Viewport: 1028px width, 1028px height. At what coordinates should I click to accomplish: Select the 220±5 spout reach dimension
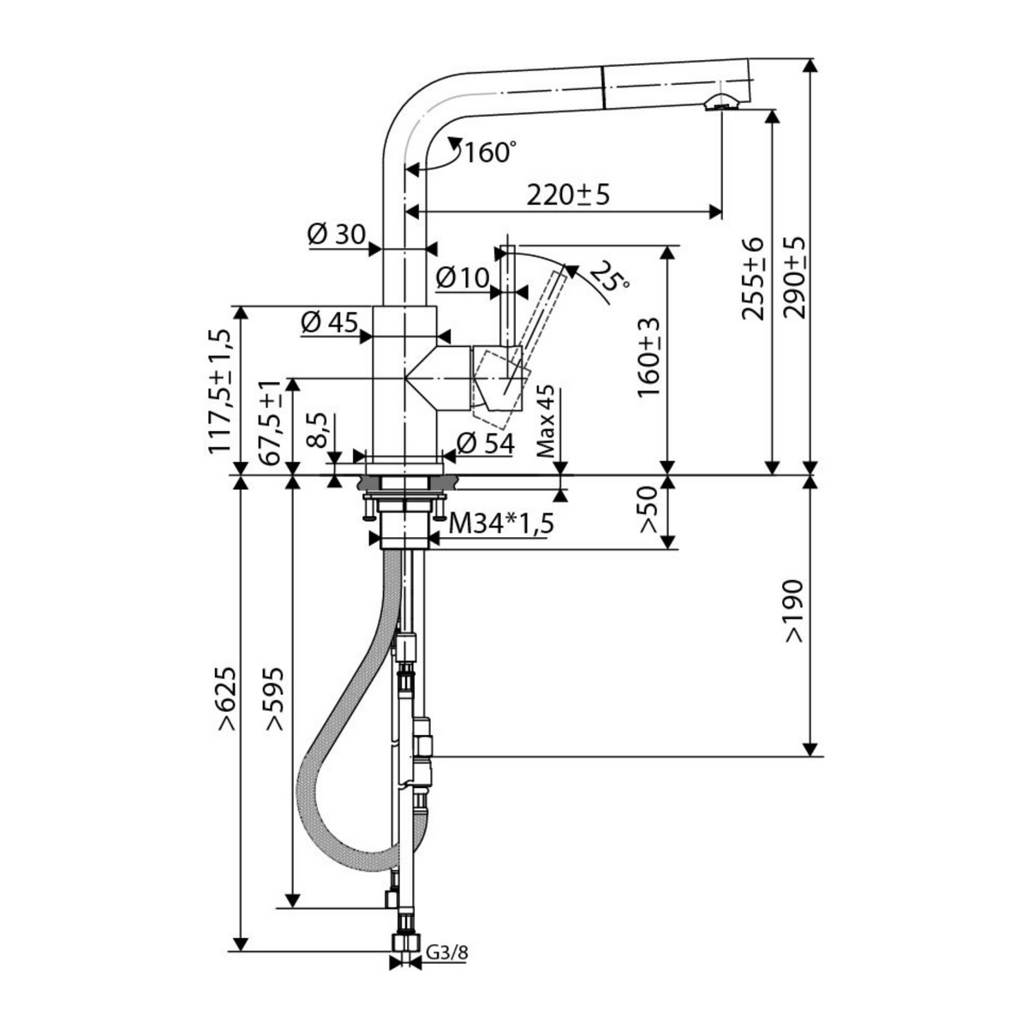click(x=568, y=196)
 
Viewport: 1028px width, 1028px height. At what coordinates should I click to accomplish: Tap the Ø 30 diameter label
click(x=337, y=235)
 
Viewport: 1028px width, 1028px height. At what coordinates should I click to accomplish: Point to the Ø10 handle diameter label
click(x=462, y=278)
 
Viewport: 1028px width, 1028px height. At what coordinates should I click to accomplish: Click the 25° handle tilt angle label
click(x=609, y=276)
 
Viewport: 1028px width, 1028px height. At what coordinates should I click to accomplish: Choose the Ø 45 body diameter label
click(x=329, y=322)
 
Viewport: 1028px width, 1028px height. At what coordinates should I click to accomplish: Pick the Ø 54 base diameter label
click(x=486, y=444)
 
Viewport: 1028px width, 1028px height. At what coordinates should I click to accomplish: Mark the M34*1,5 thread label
click(x=501, y=524)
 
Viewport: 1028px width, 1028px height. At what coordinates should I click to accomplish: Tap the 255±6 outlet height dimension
click(x=753, y=278)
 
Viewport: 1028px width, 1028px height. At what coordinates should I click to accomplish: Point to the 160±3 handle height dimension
click(x=648, y=357)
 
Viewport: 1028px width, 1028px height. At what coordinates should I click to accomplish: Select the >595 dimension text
click(x=275, y=698)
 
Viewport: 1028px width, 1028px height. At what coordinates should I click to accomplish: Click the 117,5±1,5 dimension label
click(x=219, y=391)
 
